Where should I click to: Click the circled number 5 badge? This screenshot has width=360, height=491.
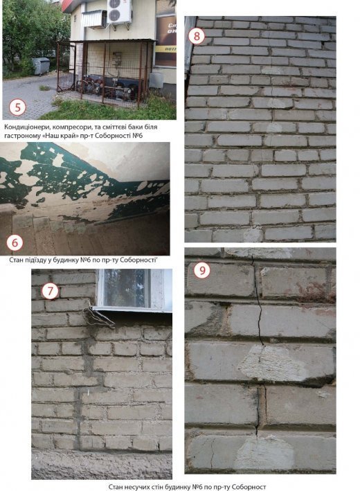(17, 107)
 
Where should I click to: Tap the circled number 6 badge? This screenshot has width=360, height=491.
(15, 242)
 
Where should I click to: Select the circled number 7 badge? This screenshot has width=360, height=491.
(50, 292)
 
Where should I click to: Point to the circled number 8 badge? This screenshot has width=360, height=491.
(197, 36)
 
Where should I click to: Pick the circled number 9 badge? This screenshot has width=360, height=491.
(202, 270)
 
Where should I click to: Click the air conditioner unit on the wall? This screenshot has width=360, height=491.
(119, 12)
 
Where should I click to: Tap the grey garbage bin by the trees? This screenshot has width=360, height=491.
(41, 66)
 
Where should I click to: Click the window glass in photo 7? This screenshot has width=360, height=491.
(127, 288)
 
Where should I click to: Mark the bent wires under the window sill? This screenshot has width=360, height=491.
(99, 317)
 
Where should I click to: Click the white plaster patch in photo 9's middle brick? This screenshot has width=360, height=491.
(271, 364)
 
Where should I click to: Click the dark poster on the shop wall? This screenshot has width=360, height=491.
(166, 41)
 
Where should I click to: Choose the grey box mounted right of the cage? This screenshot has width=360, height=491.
(156, 80)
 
